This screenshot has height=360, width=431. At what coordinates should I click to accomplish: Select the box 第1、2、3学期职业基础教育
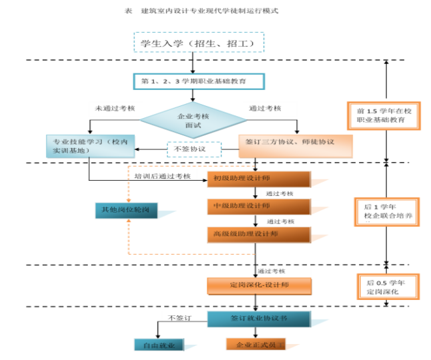[199, 81]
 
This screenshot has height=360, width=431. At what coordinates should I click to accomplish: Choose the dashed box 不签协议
[193, 149]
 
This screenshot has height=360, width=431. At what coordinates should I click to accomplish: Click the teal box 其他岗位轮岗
[129, 211]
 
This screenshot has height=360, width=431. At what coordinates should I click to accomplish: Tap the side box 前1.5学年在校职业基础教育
[384, 116]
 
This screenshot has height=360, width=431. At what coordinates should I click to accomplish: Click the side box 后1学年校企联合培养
[386, 212]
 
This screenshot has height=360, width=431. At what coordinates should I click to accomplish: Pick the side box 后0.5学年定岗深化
[386, 287]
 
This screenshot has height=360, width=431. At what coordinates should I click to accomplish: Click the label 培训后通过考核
[161, 176]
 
